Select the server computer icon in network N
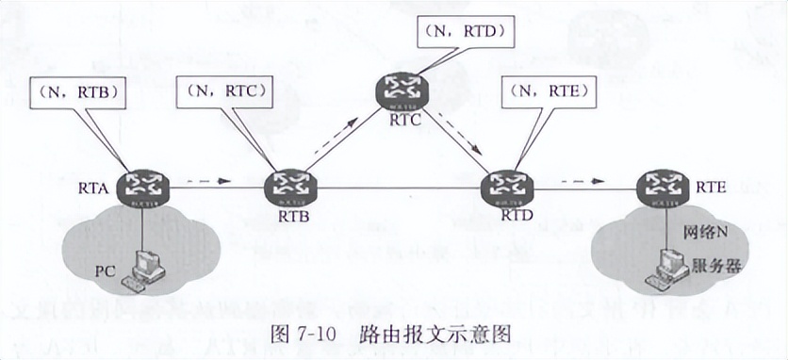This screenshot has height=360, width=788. coord(667,267)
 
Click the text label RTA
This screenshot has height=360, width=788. coord(106,190)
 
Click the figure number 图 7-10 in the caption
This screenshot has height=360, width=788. coord(301,333)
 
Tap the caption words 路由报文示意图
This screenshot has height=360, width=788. coord(435,333)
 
